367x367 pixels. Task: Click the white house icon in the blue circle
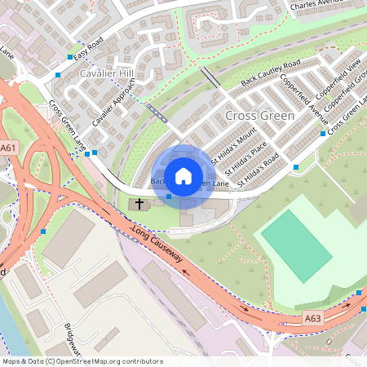tap(183, 175)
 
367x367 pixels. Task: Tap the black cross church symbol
tap(139, 202)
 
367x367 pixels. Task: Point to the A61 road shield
tap(8, 148)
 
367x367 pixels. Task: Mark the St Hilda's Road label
tap(261, 163)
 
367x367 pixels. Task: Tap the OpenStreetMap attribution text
tap(82, 361)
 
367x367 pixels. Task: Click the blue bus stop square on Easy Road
tap(69, 57)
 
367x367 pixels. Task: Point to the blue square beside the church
tap(169, 196)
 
